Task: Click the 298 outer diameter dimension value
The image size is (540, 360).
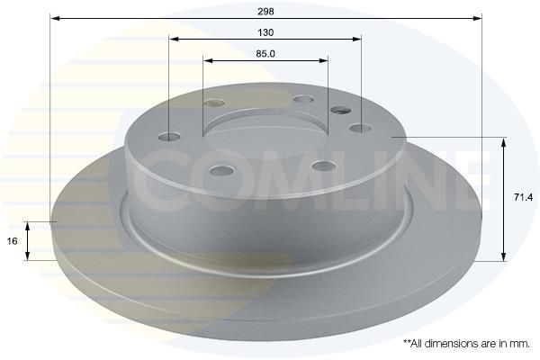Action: (265, 12)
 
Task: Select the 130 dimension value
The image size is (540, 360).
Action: (265, 32)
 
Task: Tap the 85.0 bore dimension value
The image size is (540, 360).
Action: (265, 54)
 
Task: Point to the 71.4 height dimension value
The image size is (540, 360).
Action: (523, 197)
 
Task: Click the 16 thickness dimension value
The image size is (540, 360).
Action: (12, 241)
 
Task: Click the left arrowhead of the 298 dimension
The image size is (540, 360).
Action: (55, 18)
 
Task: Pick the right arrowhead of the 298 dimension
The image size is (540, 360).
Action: (477, 18)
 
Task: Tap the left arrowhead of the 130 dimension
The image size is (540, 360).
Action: (175, 39)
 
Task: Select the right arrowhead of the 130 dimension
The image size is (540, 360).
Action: (356, 39)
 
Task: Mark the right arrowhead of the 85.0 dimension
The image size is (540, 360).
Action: (323, 60)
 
